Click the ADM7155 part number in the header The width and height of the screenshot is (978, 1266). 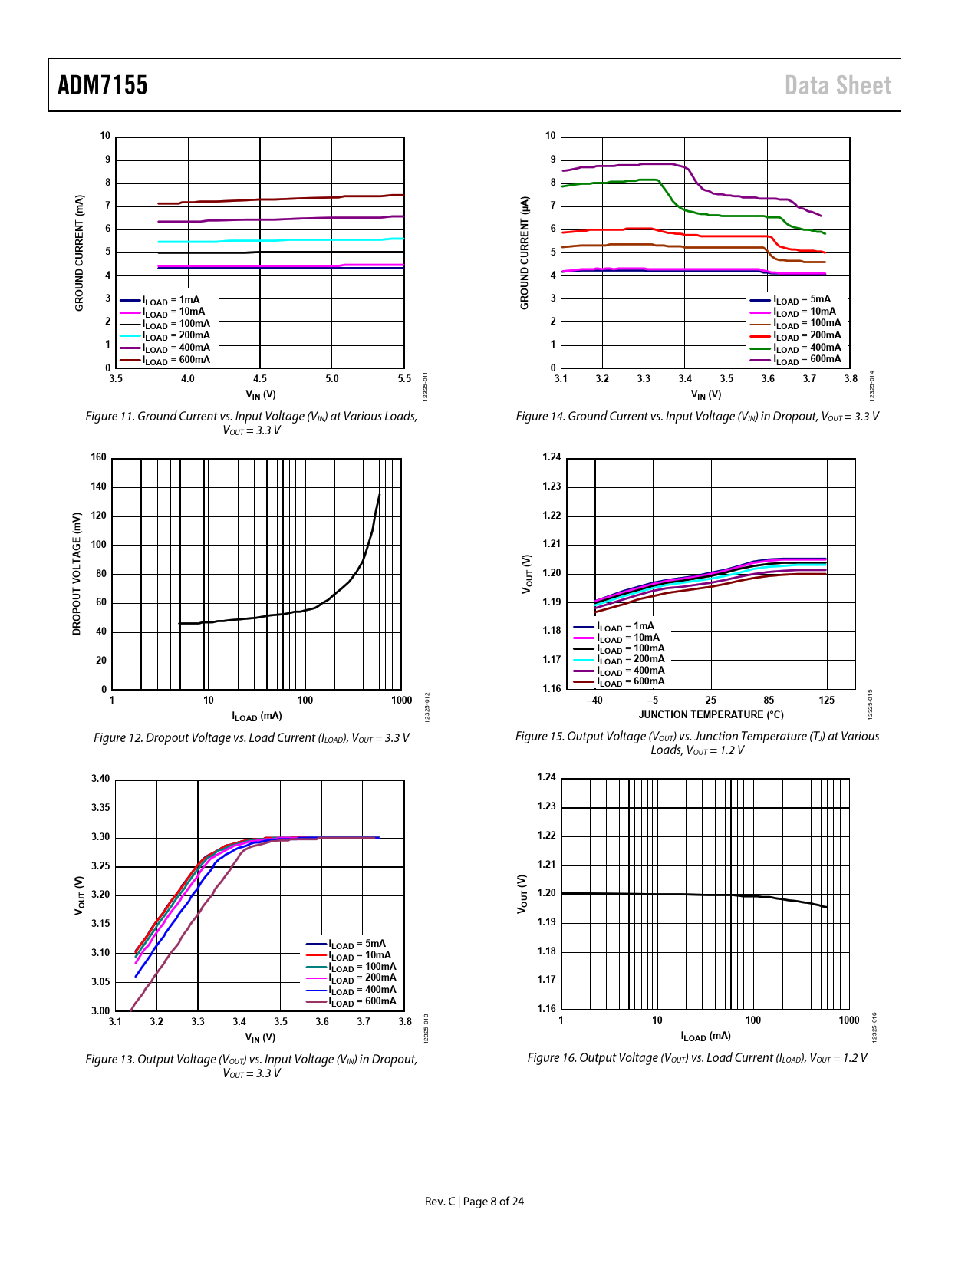(103, 85)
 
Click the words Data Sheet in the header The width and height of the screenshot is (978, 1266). (838, 85)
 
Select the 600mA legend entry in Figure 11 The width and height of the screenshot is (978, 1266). (176, 360)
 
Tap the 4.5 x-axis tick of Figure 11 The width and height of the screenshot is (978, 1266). (260, 379)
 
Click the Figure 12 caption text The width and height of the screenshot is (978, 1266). (252, 738)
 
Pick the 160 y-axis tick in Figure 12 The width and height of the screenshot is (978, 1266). (99, 457)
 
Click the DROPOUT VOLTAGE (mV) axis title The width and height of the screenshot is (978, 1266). (77, 574)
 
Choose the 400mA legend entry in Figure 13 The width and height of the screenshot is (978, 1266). (362, 990)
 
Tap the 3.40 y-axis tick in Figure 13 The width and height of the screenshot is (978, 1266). (100, 779)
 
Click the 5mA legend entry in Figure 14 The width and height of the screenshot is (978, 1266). (802, 299)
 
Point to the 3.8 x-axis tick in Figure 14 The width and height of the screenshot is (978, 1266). (851, 379)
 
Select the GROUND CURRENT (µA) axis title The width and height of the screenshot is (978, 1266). (525, 253)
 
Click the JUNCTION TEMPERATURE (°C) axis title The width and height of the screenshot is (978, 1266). (711, 715)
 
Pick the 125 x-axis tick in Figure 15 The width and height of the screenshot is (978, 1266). (827, 701)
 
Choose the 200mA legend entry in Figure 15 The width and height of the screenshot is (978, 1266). (631, 659)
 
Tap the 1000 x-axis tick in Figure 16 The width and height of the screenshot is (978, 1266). (849, 1020)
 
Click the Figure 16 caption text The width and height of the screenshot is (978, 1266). (697, 1058)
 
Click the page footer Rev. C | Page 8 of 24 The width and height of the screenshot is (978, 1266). (474, 1202)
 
